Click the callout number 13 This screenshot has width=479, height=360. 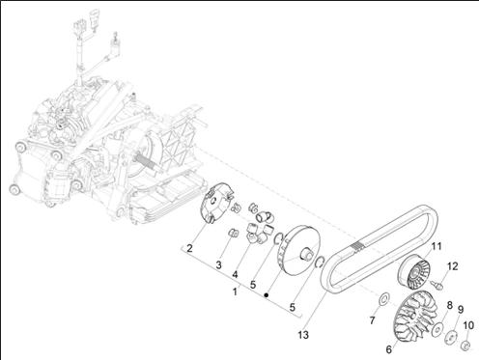tap(303, 335)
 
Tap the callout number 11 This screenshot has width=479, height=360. tap(437, 247)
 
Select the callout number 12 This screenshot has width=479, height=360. tap(452, 266)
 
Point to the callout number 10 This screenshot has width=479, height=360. tap(468, 325)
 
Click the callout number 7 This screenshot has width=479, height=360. tap(372, 320)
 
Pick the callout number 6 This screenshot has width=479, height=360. tap(389, 349)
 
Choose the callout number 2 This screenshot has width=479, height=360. tap(189, 248)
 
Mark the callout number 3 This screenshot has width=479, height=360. tap(218, 265)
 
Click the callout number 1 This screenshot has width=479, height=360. tap(235, 291)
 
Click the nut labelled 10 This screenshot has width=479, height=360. tap(465, 346)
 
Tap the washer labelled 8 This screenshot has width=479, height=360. tap(437, 329)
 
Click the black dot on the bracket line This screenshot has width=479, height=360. tap(267, 295)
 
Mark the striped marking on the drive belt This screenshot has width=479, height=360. tap(359, 245)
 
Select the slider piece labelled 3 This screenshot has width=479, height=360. tap(233, 233)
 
